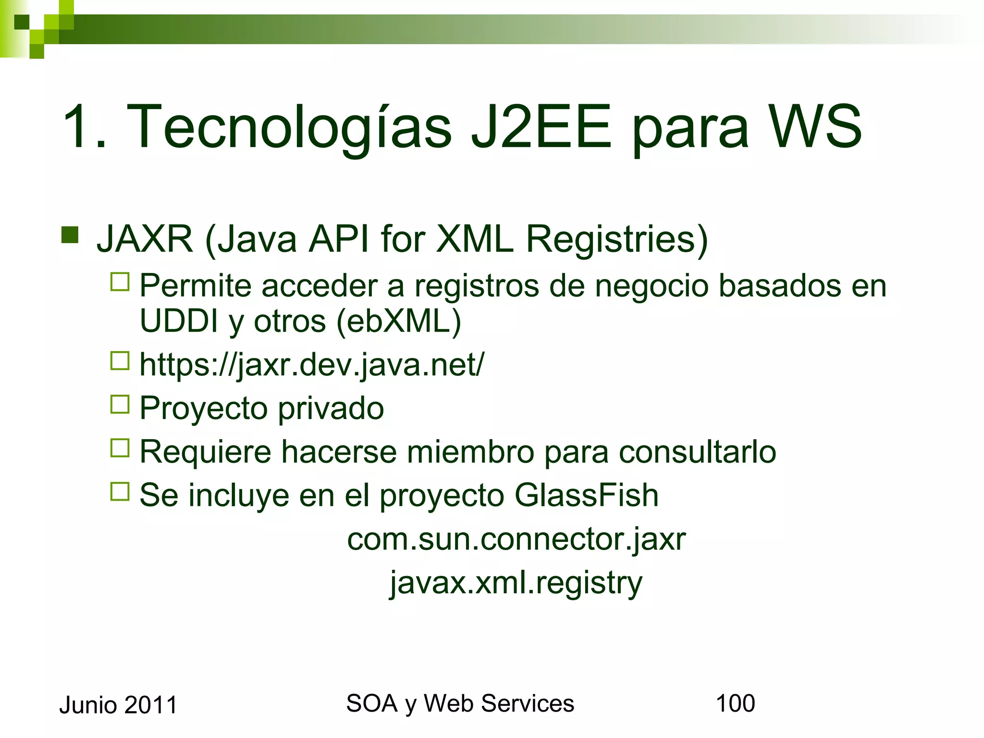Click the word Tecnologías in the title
pyautogui.click(x=288, y=127)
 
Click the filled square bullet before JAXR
pyautogui.click(x=70, y=235)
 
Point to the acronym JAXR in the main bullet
pyautogui.click(x=145, y=239)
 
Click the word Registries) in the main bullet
pyautogui.click(x=617, y=239)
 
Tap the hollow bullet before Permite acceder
pyautogui.click(x=120, y=282)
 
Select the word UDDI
pyautogui.click(x=179, y=321)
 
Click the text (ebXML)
pyautogui.click(x=399, y=321)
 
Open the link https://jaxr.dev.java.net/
pyautogui.click(x=312, y=365)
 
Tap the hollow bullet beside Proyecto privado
pyautogui.click(x=120, y=405)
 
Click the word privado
pyautogui.click(x=331, y=408)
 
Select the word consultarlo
pyautogui.click(x=697, y=452)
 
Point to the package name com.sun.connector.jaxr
pyautogui.click(x=516, y=539)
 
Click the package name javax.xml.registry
pyautogui.click(x=516, y=583)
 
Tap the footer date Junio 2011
pyautogui.click(x=118, y=705)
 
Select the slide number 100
pyautogui.click(x=735, y=703)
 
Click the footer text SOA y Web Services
pyautogui.click(x=460, y=703)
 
